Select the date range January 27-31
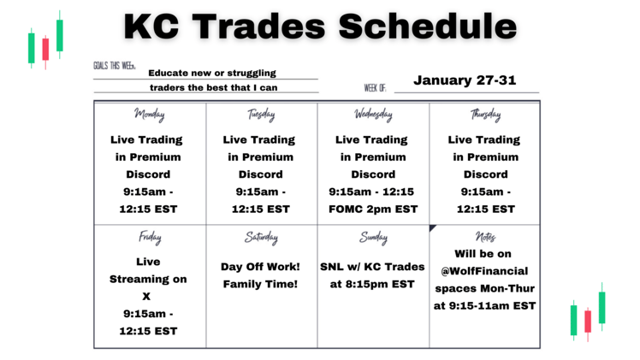pyautogui.click(x=465, y=80)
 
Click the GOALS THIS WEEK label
pyautogui.click(x=114, y=66)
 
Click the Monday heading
pyautogui.click(x=149, y=115)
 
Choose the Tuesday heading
pyautogui.click(x=261, y=115)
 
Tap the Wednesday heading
pyautogui.click(x=373, y=115)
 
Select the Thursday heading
pyautogui.click(x=485, y=115)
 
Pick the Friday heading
pyautogui.click(x=149, y=238)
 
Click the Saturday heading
pyautogui.click(x=261, y=238)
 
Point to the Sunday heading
pyautogui.click(x=373, y=238)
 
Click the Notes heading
pyautogui.click(x=485, y=238)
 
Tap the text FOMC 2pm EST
pyautogui.click(x=373, y=209)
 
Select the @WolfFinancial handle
pyautogui.click(x=485, y=271)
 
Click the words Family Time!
pyautogui.click(x=261, y=284)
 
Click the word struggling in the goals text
pyautogui.click(x=246, y=74)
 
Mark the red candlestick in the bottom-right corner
pyautogui.click(x=587, y=321)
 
